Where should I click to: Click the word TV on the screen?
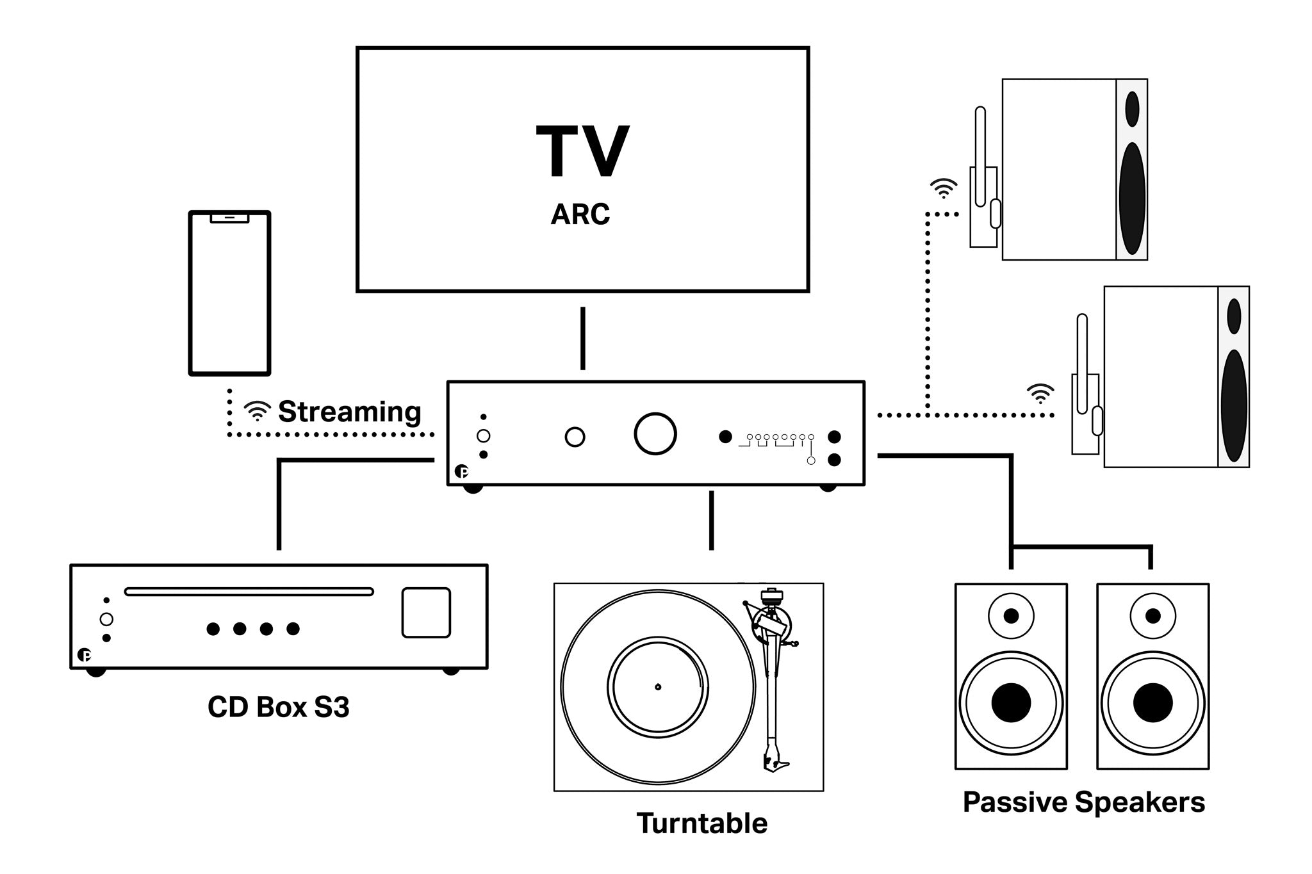pyautogui.click(x=582, y=152)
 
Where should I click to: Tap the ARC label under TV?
pyautogui.click(x=580, y=214)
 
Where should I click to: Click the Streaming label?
pyautogui.click(x=349, y=412)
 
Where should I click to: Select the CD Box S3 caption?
pyautogui.click(x=279, y=707)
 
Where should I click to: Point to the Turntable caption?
pyautogui.click(x=701, y=823)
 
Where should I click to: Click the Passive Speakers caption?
pyautogui.click(x=1083, y=802)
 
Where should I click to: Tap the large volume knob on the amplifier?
pyautogui.click(x=655, y=434)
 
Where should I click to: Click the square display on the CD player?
pyautogui.click(x=426, y=613)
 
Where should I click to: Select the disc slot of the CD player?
pyautogui.click(x=249, y=592)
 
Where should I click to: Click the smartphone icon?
pyautogui.click(x=229, y=293)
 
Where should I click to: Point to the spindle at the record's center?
pyautogui.click(x=658, y=687)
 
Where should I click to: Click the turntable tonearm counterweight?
pyautogui.click(x=771, y=596)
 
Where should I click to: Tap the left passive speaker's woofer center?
pyautogui.click(x=1011, y=702)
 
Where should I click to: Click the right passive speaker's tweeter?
pyautogui.click(x=1152, y=616)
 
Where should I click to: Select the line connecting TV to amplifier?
pyautogui.click(x=582, y=338)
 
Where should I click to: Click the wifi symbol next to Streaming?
pyautogui.click(x=258, y=410)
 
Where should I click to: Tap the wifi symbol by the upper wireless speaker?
pyautogui.click(x=944, y=188)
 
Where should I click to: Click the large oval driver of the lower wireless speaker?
pyautogui.click(x=1234, y=406)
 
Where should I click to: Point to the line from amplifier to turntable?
pyautogui.click(x=711, y=520)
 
